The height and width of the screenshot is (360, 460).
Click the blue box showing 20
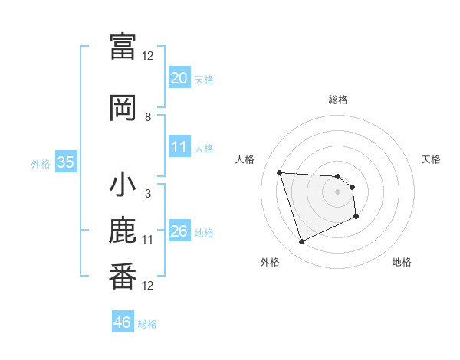(x=179, y=78)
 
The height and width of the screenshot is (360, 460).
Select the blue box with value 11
(x=179, y=147)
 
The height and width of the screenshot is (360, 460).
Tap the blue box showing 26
(x=179, y=231)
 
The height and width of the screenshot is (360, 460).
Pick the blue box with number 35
(x=66, y=162)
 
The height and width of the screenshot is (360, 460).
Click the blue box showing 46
(x=123, y=322)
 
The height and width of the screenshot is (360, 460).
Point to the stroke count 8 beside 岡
(x=148, y=117)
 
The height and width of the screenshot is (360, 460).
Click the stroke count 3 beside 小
(x=148, y=194)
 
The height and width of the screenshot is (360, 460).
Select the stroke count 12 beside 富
(x=148, y=56)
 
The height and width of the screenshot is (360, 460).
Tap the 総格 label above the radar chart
(x=338, y=100)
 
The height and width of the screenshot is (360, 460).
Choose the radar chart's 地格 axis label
(x=402, y=262)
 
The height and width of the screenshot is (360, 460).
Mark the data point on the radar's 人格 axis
(x=280, y=172)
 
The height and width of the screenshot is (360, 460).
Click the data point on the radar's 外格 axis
(x=301, y=242)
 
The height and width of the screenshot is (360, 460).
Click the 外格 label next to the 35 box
(x=41, y=163)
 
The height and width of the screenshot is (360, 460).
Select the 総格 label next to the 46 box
(x=147, y=323)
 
